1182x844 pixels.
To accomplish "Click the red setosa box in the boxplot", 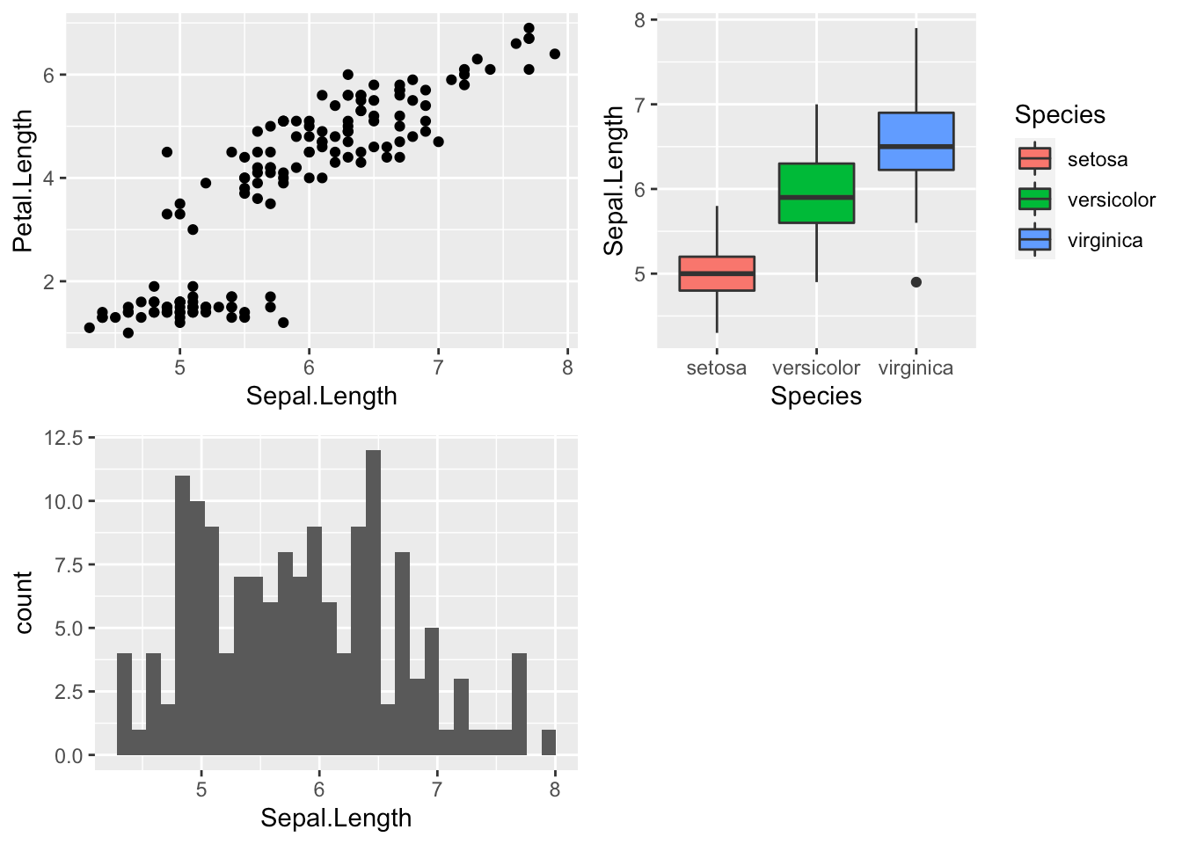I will click(717, 273).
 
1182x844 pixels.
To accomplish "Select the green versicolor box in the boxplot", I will click(816, 193).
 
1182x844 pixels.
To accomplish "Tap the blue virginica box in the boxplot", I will click(916, 141).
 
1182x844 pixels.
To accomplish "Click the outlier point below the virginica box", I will click(916, 282).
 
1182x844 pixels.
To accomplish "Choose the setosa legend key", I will click(1034, 159).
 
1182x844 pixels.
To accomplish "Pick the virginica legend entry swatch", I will click(1034, 240).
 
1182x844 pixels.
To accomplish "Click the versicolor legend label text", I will click(1111, 200).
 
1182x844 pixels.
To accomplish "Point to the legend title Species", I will click(1060, 115).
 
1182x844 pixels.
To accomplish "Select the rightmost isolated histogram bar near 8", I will click(549, 743).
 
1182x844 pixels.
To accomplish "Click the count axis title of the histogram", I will click(24, 602).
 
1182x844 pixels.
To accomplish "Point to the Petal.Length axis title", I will click(23, 181).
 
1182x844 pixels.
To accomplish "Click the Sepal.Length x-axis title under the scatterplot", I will click(321, 396).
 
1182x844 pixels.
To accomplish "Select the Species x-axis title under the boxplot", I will click(816, 396).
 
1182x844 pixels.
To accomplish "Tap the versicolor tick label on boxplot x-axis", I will click(816, 367).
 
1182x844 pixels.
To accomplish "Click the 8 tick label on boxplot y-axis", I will click(639, 20).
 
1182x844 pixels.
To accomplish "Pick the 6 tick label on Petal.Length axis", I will click(48, 76).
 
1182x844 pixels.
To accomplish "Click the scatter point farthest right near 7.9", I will click(554, 55).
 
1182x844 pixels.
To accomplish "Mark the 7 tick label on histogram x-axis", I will click(437, 789).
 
